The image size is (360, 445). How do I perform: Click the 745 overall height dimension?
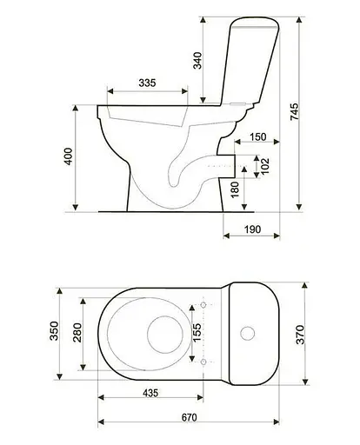pyautogui.click(x=294, y=111)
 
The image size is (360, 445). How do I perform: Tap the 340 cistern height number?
pyautogui.click(x=197, y=61)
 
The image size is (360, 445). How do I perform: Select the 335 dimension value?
pyautogui.click(x=147, y=83)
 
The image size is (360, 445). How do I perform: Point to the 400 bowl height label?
pyautogui.click(x=68, y=156)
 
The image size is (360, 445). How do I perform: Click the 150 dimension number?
pyautogui.click(x=258, y=136)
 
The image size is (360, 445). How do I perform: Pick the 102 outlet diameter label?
pyautogui.click(x=265, y=166)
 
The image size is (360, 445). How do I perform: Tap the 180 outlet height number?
pyautogui.click(x=235, y=189)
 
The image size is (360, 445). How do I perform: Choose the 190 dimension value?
pyautogui.click(x=253, y=229)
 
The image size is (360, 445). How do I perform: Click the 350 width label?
pyautogui.click(x=54, y=331)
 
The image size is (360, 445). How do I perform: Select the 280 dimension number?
pyautogui.click(x=77, y=333)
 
